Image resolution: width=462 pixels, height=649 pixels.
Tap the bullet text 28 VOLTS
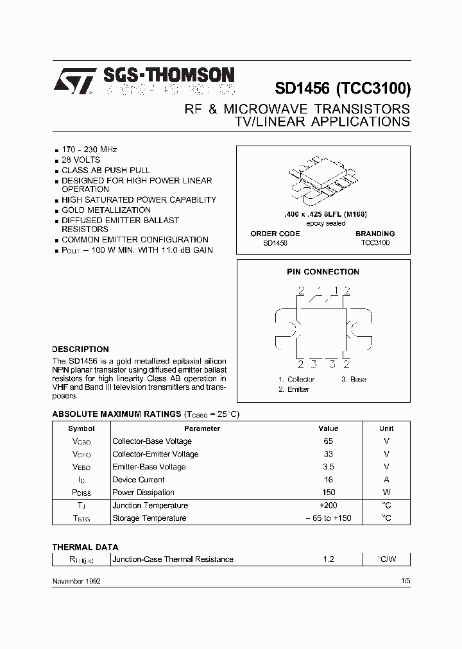81,160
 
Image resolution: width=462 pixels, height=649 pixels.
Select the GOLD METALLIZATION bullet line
106,210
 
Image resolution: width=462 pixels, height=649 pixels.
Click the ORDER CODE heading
275,233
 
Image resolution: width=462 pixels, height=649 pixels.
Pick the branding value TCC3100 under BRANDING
375,243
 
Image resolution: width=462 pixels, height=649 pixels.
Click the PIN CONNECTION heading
323,271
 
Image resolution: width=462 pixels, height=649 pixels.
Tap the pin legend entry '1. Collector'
296,379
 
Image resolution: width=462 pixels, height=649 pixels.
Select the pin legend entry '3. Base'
354,379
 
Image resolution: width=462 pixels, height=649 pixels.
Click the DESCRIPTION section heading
80,349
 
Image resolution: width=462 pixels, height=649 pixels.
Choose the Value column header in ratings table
329,428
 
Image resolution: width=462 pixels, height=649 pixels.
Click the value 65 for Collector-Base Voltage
329,441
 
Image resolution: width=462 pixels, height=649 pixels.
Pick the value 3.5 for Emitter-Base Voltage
329,467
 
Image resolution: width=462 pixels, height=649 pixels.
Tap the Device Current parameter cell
139,480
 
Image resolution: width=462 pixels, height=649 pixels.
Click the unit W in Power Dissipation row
386,493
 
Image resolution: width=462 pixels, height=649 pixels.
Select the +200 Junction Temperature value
329,505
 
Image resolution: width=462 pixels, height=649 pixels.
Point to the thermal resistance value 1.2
329,559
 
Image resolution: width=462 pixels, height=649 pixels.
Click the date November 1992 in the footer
76,580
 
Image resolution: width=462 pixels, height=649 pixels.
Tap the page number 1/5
405,580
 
